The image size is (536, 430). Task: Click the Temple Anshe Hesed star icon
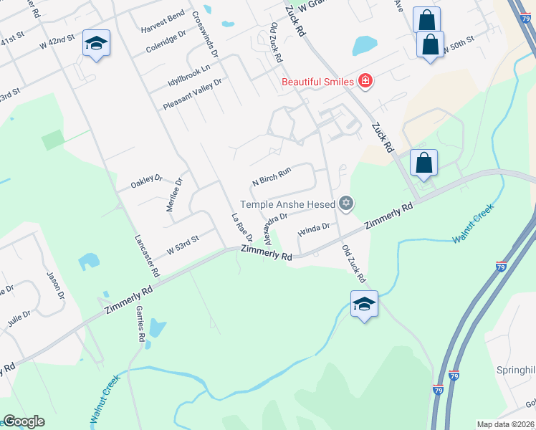tap(347, 204)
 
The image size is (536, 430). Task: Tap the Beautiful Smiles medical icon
tap(365, 81)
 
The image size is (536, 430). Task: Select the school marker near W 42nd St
tap(96, 44)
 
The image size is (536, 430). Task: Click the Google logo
tap(23, 422)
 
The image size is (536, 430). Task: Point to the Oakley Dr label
tap(147, 182)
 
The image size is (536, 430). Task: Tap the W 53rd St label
tap(182, 249)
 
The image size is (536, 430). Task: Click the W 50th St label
tap(458, 43)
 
